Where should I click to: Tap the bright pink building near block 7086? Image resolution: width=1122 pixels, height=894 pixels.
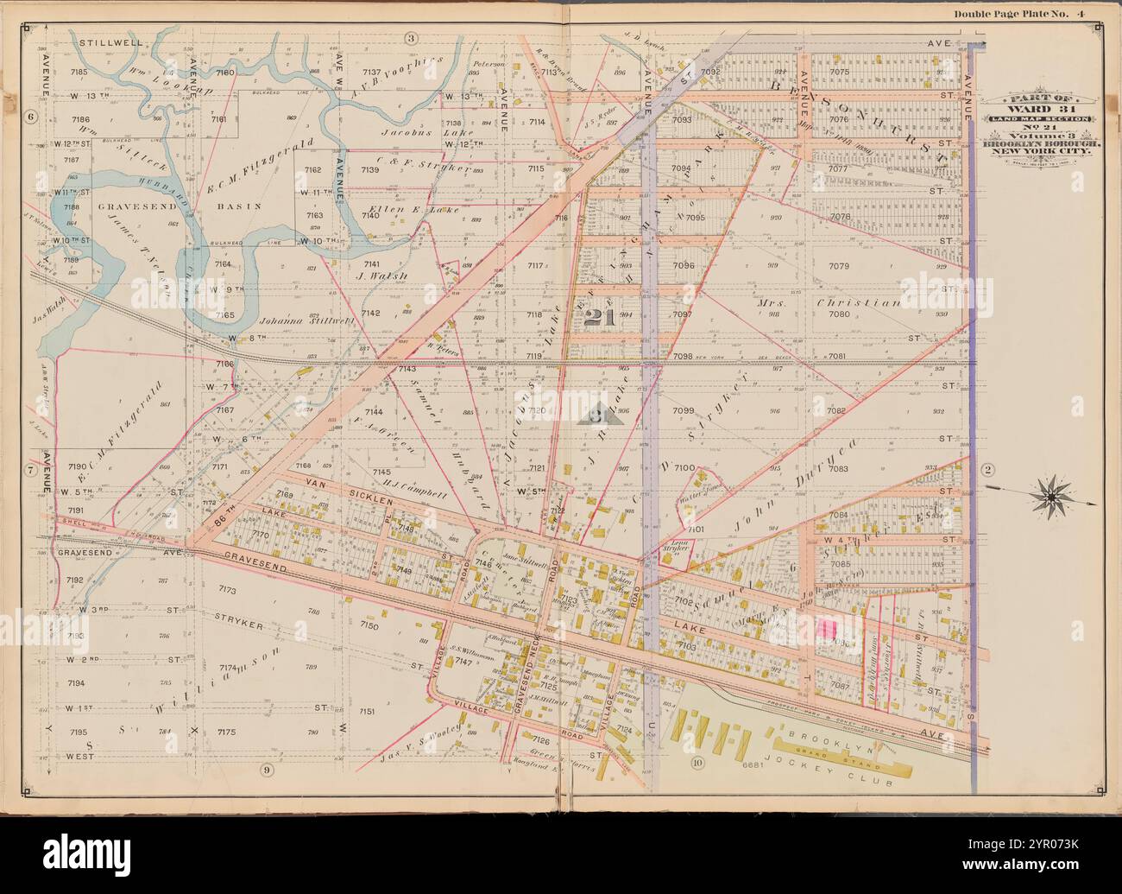830,628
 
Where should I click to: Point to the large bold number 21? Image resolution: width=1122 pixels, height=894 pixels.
597,318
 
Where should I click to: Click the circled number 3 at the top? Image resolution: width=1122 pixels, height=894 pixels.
411,38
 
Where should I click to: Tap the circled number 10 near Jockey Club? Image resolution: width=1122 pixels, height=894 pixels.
697,763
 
